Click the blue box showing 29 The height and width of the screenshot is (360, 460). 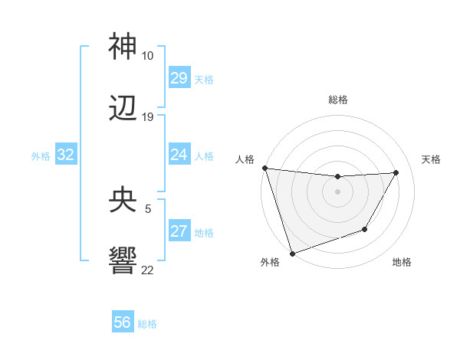click(179, 78)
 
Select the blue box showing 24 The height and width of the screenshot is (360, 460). click(179, 155)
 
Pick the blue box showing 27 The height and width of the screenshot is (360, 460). click(179, 231)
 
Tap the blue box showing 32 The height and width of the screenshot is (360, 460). click(66, 155)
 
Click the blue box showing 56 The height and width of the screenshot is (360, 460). click(123, 323)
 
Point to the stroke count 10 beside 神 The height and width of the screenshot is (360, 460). click(147, 56)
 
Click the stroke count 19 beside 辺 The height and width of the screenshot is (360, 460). click(147, 117)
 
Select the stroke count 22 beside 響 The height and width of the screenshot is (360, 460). click(147, 270)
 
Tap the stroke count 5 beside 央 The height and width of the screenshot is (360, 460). click(147, 208)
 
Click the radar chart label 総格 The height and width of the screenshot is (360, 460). click(338, 100)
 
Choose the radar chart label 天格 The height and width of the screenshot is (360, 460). click(431, 159)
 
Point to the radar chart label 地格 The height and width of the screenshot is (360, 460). click(402, 262)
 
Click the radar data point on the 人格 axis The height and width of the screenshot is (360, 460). click(264, 168)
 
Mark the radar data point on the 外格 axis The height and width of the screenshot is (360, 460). click(292, 253)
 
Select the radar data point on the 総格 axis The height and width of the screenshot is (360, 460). click(337, 177)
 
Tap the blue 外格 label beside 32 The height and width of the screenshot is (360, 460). click(41, 155)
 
